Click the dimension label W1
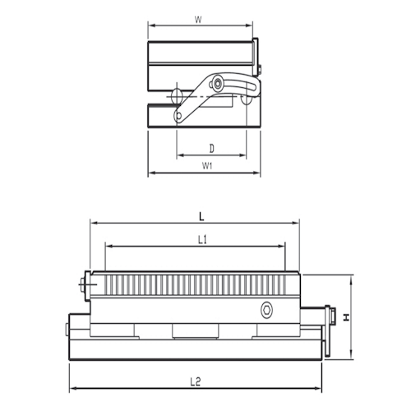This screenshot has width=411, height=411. (207, 165)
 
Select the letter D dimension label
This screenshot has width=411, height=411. (211, 148)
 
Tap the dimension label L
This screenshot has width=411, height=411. (201, 215)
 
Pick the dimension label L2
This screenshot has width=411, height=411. (196, 381)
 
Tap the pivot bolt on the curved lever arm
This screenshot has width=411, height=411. (217, 84)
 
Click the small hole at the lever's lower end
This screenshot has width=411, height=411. (178, 116)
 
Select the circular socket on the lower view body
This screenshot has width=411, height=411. (266, 309)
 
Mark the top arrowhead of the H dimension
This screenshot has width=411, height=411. (351, 278)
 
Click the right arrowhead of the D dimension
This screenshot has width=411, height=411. (243, 156)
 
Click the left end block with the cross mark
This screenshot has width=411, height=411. (86, 284)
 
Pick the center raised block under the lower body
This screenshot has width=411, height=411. (195, 330)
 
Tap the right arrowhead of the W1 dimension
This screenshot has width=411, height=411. (257, 173)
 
